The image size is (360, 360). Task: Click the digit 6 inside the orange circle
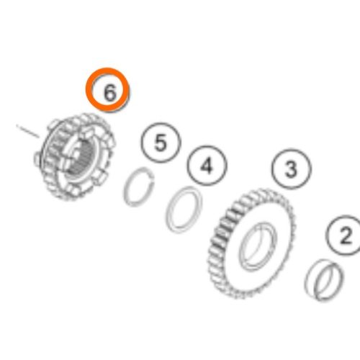109,92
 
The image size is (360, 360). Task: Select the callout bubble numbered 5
160,143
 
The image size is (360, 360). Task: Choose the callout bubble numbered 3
290,170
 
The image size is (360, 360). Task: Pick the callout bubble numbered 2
343,235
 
